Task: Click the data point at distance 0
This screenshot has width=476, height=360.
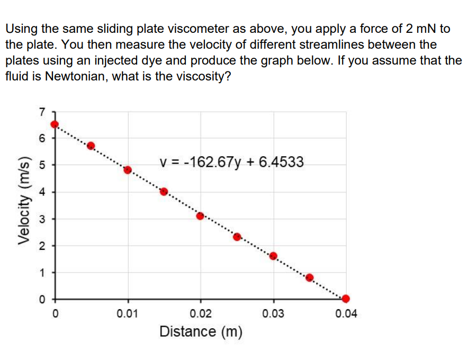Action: click(x=55, y=124)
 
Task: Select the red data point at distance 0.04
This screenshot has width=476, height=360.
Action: click(x=346, y=298)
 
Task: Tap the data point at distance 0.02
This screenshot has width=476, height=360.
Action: click(x=200, y=215)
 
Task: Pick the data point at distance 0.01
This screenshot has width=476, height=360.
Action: click(x=128, y=170)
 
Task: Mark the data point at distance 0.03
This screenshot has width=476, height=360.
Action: click(x=273, y=256)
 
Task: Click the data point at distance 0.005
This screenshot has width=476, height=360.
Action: click(x=91, y=146)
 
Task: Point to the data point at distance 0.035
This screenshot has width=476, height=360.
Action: click(x=310, y=277)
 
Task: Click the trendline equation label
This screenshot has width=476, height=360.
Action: click(x=231, y=162)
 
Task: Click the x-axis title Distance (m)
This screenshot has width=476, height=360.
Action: click(x=201, y=332)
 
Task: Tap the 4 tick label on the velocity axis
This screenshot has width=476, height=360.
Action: click(x=42, y=192)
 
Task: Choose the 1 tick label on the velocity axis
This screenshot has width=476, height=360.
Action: click(x=42, y=273)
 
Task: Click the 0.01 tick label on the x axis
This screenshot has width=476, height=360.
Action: click(x=128, y=314)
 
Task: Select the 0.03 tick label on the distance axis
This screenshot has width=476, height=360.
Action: click(x=273, y=314)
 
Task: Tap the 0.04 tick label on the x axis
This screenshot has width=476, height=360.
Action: click(x=346, y=314)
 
